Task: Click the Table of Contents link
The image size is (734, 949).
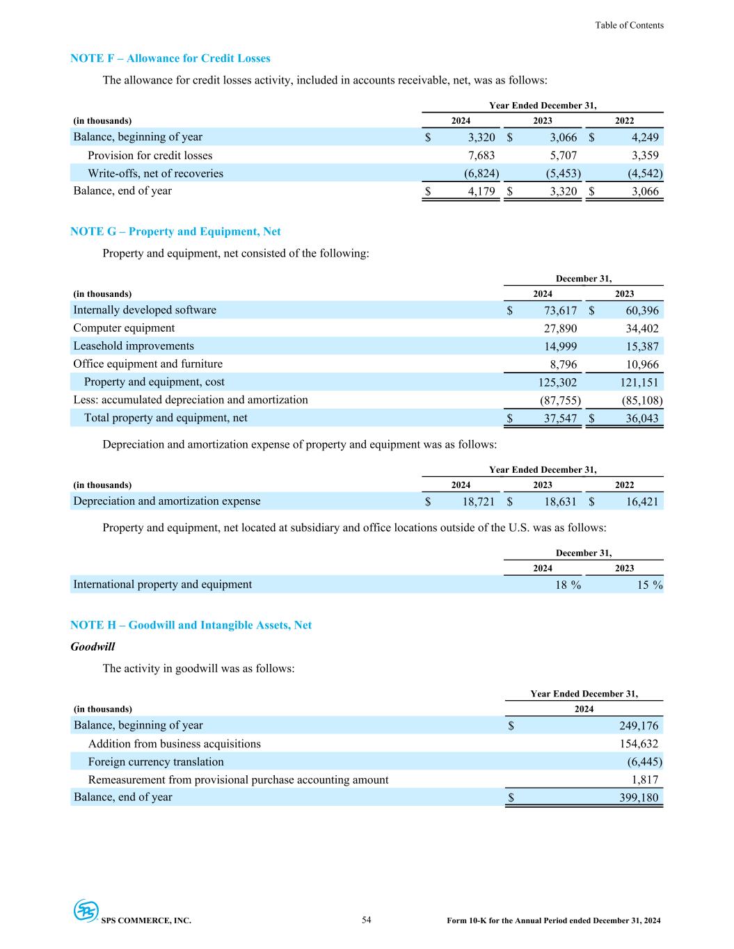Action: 629,25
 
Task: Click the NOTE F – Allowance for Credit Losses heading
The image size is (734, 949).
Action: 170,58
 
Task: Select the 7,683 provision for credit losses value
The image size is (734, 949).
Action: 479,156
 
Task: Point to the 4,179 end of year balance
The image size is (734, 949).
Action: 481,191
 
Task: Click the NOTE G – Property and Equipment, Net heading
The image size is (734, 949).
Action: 175,232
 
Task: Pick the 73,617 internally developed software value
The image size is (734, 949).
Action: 559,311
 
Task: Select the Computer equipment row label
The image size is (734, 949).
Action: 124,328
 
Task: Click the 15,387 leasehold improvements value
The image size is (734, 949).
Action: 641,347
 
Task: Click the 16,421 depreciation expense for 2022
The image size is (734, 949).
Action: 641,502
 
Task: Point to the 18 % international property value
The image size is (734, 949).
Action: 568,585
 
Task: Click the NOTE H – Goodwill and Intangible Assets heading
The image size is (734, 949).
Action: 191,625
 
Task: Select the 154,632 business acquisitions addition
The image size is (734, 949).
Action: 633,744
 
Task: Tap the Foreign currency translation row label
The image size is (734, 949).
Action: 156,762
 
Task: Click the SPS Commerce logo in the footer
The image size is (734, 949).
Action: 87,911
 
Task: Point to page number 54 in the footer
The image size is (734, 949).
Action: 367,920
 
